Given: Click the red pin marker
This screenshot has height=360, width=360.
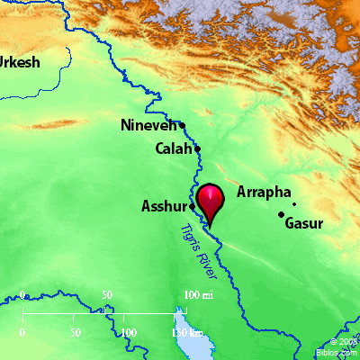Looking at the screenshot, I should click(211, 199).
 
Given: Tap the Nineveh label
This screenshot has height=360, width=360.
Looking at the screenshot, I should click(149, 126).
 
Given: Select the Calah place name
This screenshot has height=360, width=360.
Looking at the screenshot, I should click(172, 148).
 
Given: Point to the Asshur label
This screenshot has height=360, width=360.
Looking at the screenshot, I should click(164, 206).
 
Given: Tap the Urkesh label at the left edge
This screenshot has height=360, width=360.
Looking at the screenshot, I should click(19, 63).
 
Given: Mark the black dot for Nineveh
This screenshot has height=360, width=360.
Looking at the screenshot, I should click(182, 125).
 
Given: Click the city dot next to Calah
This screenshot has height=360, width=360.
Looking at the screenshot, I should click(197, 148).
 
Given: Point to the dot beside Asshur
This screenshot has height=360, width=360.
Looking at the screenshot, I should click(192, 206).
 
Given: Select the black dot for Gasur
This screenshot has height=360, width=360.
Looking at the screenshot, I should click(282, 214).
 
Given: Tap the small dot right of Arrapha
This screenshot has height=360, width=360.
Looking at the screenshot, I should click(294, 204).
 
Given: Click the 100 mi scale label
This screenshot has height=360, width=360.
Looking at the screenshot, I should click(199, 295).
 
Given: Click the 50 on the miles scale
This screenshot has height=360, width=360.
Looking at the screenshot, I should click(107, 295).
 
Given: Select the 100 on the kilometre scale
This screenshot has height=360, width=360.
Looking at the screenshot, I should click(129, 332).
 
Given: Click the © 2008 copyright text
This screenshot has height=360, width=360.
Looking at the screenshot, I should click(344, 343).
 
